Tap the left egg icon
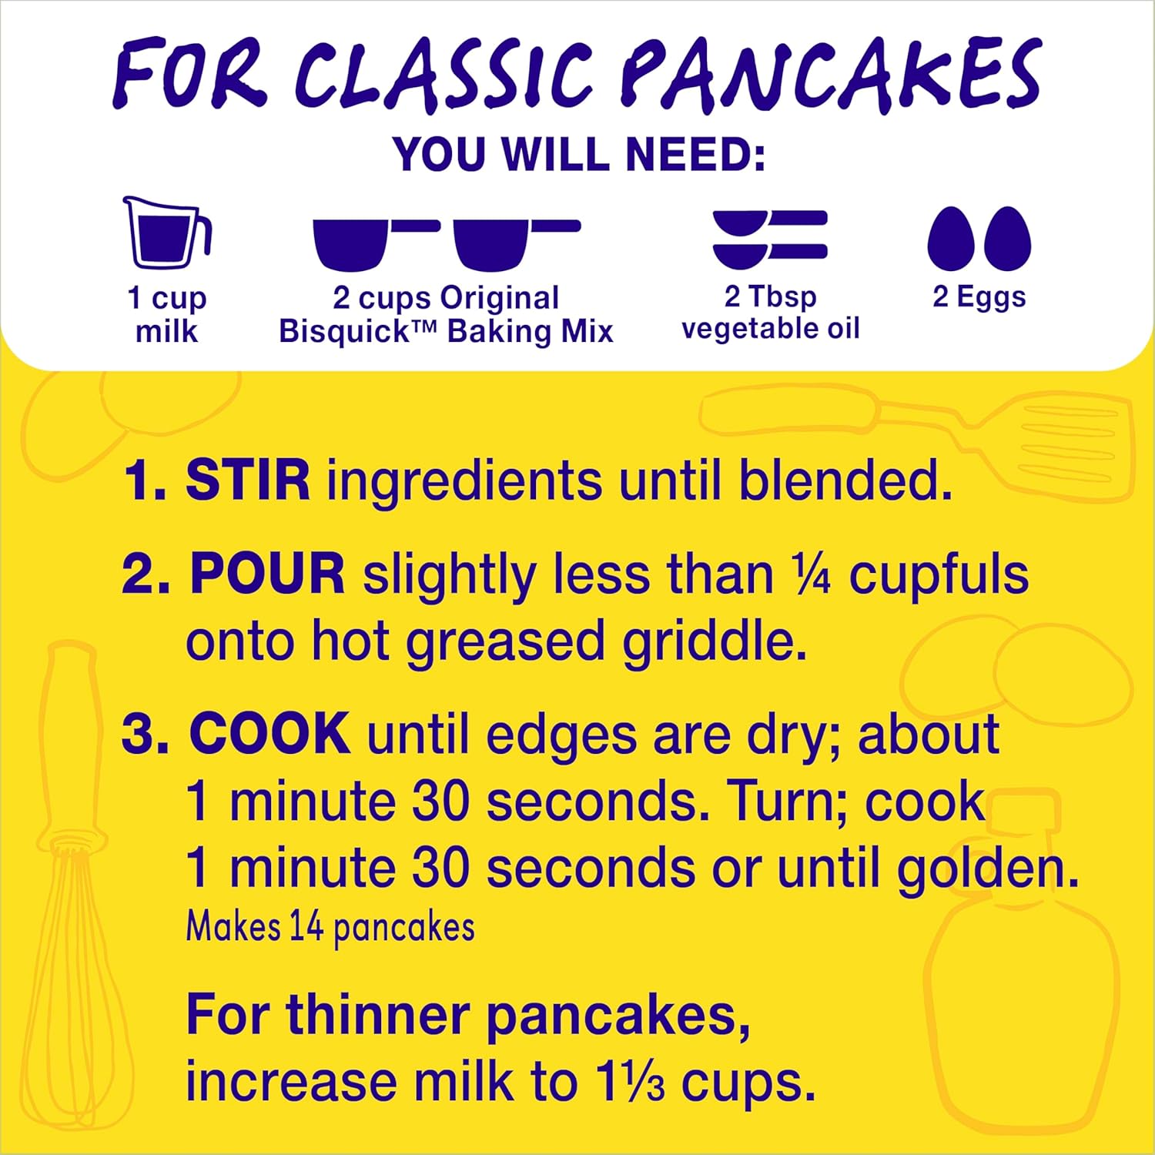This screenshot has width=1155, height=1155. [x=951, y=239]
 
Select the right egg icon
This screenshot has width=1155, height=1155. [x=1007, y=239]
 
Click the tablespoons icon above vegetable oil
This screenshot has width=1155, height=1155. [x=769, y=239]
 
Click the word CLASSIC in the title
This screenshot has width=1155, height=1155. [x=444, y=75]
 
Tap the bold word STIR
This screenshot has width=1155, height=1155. [x=247, y=480]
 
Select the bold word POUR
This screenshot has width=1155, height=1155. [x=267, y=574]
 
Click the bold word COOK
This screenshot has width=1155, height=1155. [x=269, y=734]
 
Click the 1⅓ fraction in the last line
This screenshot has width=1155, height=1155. [x=629, y=1082]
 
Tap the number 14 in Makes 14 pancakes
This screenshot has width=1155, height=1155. [x=306, y=926]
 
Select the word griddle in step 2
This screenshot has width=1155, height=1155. [x=714, y=641]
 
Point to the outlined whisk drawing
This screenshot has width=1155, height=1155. [x=73, y=885]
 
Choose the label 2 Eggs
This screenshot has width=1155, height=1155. [x=979, y=296]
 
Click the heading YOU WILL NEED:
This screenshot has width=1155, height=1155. [x=579, y=154]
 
